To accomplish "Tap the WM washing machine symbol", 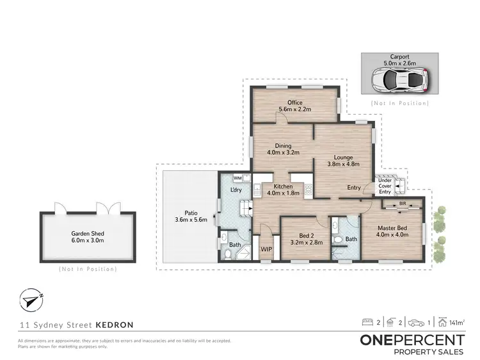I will click(237, 178).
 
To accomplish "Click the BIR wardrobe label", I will click(402, 203).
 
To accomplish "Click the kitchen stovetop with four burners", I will click(308, 190).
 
